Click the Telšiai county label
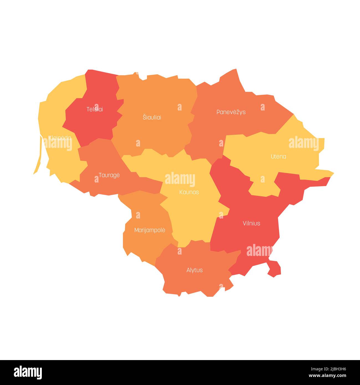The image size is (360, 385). [x=95, y=109]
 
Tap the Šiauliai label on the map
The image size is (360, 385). [x=152, y=117]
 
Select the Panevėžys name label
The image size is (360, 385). [x=231, y=112]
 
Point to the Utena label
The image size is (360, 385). [x=278, y=156]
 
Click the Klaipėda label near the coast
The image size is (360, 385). [x=60, y=138]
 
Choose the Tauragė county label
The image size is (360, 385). [x=109, y=175]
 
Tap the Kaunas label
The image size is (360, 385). [x=189, y=192]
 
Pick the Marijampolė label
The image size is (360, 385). [x=150, y=230]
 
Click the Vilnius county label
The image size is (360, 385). [x=251, y=223]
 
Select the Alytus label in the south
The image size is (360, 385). [x=194, y=270]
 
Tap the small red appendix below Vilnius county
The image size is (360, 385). [x=274, y=268]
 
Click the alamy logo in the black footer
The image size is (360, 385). [x=28, y=372]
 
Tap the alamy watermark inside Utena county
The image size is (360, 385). [x=304, y=143]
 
